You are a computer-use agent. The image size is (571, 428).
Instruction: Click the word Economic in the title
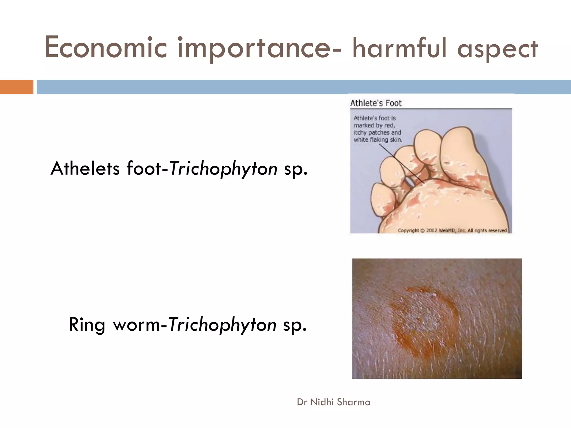pyautogui.click(x=105, y=48)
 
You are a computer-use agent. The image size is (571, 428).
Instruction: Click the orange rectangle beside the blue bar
pyautogui.click(x=16, y=87)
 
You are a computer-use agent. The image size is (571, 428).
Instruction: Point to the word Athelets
pyautogui.click(x=85, y=169)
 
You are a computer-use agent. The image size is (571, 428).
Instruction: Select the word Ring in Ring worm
pyautogui.click(x=87, y=325)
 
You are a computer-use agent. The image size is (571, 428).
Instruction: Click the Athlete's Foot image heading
pyautogui.click(x=376, y=103)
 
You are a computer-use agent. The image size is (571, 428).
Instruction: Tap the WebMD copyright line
pyautogui.click(x=453, y=230)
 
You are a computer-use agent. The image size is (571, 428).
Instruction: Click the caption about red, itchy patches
pyautogui.click(x=378, y=129)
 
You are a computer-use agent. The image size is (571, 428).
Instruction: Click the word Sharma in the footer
pyautogui.click(x=354, y=402)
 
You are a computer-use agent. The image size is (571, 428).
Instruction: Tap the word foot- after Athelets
pyautogui.click(x=144, y=169)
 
